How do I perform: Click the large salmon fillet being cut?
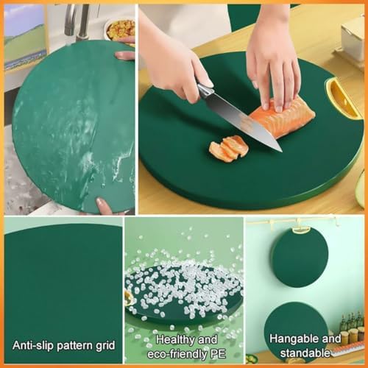tap(282, 118)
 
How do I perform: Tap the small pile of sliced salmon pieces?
tap(229, 148)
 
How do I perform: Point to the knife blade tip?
tap(281, 151)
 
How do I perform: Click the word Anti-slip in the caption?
tap(33, 345)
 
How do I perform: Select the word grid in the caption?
tap(105, 346)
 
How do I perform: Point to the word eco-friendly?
tap(178, 354)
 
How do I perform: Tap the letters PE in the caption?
tap(218, 354)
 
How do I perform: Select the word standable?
tap(305, 353)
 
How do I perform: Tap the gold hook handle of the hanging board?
tap(300, 230)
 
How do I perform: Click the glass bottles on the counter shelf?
tap(351, 326)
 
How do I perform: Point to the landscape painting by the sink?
tap(24, 37)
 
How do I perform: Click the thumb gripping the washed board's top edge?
tap(124, 55)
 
